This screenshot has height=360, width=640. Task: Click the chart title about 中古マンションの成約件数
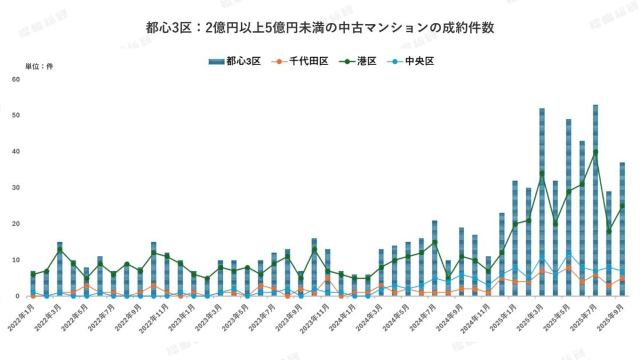319,27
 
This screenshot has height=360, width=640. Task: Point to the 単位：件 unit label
39,67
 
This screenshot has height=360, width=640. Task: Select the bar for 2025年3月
542,200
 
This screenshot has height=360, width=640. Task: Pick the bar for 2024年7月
434,257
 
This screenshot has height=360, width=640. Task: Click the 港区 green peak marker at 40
595,152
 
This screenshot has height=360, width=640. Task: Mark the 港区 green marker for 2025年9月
622,206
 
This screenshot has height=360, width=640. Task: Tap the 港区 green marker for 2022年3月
59,250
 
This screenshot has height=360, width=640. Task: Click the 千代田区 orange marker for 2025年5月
569,267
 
